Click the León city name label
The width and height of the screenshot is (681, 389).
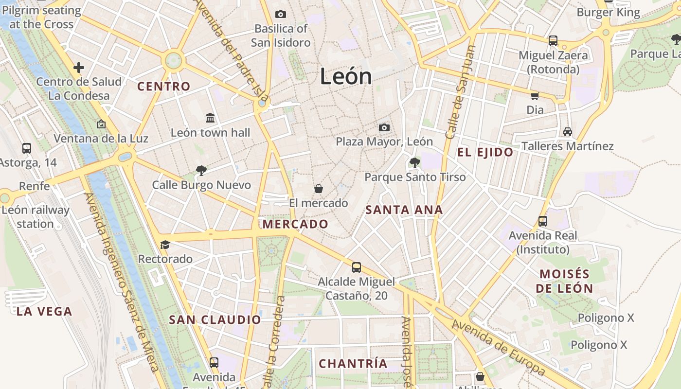(346, 77)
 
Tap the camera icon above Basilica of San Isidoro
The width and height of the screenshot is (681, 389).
(281, 15)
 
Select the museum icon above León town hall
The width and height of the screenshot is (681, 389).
(210, 118)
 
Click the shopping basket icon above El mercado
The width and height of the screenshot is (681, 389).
(319, 188)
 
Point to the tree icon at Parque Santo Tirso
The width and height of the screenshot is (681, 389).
(415, 162)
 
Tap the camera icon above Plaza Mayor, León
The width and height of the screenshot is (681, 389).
(384, 127)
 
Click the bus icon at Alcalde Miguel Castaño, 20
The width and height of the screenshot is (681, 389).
(357, 267)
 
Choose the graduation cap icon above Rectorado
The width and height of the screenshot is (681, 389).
(165, 244)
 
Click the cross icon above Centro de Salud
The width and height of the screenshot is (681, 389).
(79, 67)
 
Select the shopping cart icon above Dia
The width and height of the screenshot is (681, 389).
(535, 96)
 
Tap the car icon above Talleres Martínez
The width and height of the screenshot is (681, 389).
(567, 131)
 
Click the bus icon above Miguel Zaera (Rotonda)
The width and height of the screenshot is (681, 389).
(553, 41)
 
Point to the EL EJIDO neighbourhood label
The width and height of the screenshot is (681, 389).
(485, 152)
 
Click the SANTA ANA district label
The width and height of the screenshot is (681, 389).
(404, 210)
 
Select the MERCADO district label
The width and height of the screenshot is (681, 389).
(295, 224)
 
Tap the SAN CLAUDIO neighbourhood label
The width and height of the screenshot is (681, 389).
(215, 320)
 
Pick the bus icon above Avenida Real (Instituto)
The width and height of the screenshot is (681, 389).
(543, 221)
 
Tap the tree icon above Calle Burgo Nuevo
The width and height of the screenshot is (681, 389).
(201, 170)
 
